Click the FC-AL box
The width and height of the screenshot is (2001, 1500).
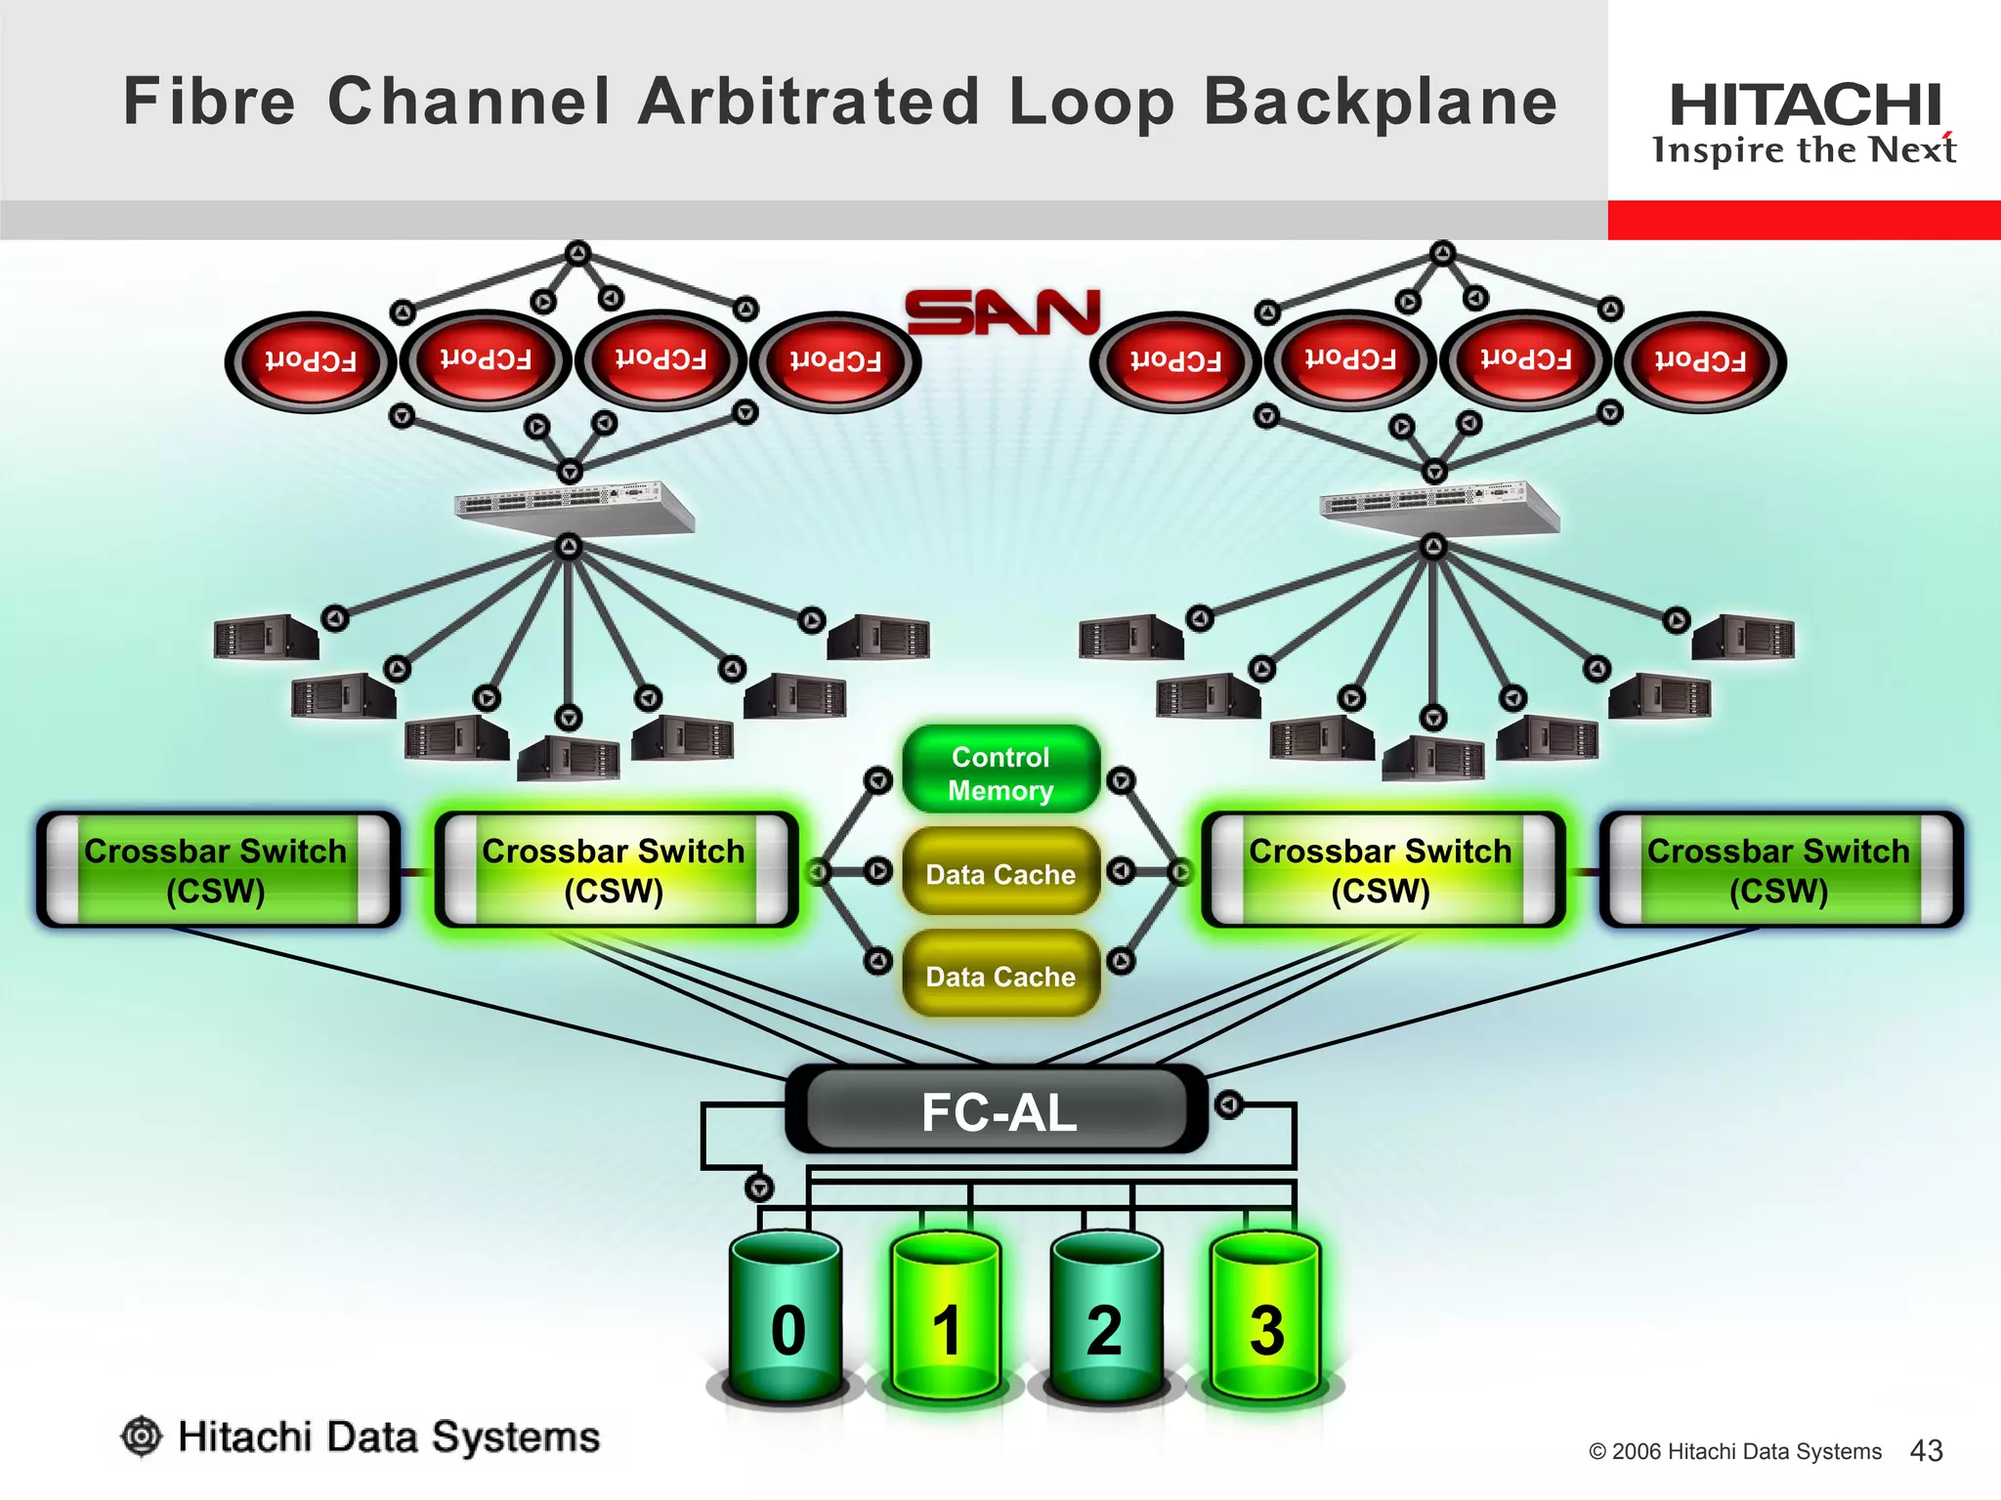997,1111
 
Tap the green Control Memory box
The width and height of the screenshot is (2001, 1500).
1000,772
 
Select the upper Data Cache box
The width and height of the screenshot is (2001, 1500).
1000,873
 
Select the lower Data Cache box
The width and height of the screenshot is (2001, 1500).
1000,976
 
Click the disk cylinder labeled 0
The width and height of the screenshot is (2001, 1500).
787,1318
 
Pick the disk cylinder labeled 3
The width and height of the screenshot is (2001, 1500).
1265,1318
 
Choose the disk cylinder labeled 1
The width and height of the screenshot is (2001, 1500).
946,1318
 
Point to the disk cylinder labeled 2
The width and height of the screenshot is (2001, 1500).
1105,1318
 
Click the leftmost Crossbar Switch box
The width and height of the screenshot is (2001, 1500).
217,869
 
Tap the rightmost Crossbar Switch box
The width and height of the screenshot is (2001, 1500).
1779,869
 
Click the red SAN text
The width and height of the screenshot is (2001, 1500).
1002,312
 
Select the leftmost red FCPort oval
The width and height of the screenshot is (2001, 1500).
311,361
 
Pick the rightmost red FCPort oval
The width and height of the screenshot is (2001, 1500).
1700,361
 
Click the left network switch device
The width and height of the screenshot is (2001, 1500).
575,506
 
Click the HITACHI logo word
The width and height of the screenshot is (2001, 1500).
1804,105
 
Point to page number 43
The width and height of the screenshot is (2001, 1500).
1926,1450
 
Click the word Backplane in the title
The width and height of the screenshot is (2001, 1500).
1380,103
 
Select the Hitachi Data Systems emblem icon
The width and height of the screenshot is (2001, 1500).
142,1437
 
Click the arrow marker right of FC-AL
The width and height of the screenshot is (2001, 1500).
1228,1105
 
